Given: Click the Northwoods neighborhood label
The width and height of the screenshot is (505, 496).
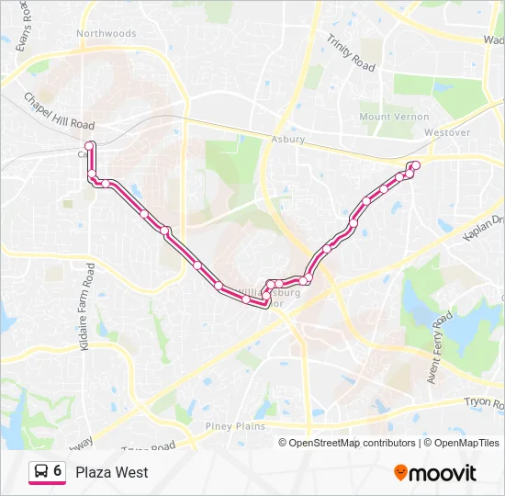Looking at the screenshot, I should (x=107, y=34).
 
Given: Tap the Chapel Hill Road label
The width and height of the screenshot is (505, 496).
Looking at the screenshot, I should (x=60, y=111).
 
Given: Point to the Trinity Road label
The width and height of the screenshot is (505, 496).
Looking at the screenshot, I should (x=352, y=54).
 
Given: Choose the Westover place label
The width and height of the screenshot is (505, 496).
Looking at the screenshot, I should (x=447, y=132).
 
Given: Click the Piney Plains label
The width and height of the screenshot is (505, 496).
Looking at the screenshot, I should (x=235, y=426).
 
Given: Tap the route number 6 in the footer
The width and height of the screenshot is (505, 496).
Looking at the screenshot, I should (x=58, y=471).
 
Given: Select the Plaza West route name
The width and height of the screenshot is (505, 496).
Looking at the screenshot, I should (x=112, y=472).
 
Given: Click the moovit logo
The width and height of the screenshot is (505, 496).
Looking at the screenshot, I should (x=435, y=473).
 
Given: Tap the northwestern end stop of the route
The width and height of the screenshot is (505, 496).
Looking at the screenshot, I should (x=90, y=146).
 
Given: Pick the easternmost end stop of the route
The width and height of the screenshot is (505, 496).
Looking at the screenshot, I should (x=416, y=165).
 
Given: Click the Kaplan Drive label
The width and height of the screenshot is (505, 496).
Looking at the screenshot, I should (x=485, y=228).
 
